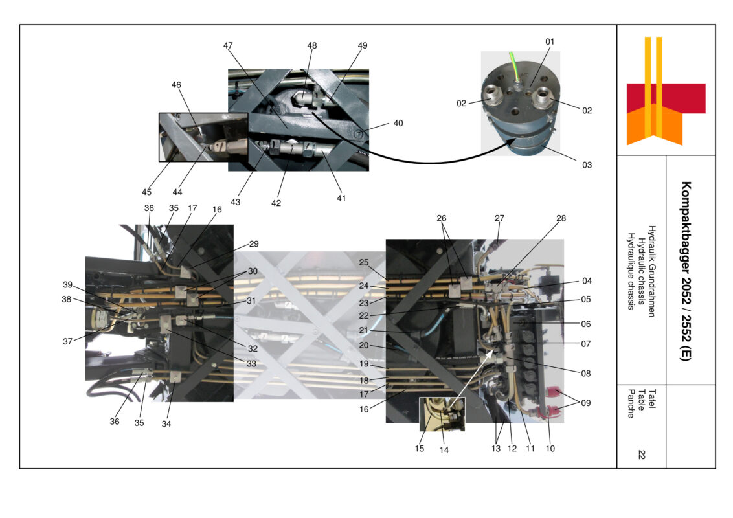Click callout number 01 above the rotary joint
pyautogui.click(x=550, y=41)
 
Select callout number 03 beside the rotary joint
pyautogui.click(x=587, y=165)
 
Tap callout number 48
pyautogui.click(x=312, y=45)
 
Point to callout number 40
pyautogui.click(x=398, y=123)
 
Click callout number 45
pyautogui.click(x=147, y=192)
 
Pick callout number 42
pyautogui.click(x=276, y=203)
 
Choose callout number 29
pyautogui.click(x=254, y=243)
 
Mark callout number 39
pyautogui.click(x=68, y=286)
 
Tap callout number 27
pyautogui.click(x=499, y=218)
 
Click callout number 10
pyautogui.click(x=551, y=448)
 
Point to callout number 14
pyautogui.click(x=444, y=449)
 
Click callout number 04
pyautogui.click(x=587, y=281)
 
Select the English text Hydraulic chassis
pyautogui.click(x=641, y=267)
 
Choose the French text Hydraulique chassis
pyautogui.click(x=631, y=267)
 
